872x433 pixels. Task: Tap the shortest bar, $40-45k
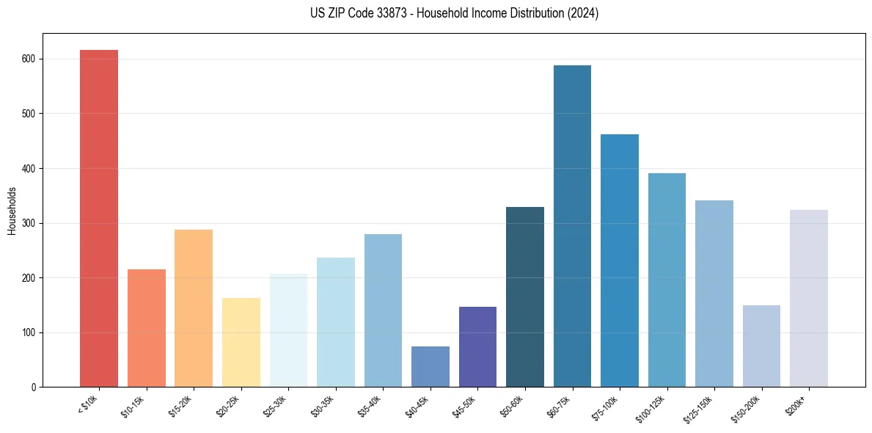pyautogui.click(x=430, y=367)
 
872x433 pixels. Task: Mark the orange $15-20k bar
pyautogui.click(x=194, y=308)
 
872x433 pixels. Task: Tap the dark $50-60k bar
pyautogui.click(x=525, y=297)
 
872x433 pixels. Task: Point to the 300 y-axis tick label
pyautogui.click(x=31, y=223)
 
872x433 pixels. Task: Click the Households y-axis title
pyautogui.click(x=12, y=210)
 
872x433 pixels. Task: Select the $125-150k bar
pyautogui.click(x=714, y=294)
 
